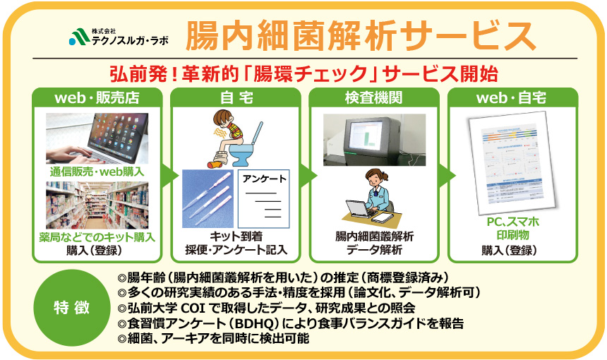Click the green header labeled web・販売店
pyautogui.click(x=97, y=97)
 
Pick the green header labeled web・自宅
pyautogui.click(x=512, y=97)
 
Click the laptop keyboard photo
pyautogui.click(x=97, y=138)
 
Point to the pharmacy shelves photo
pyautogui.click(x=97, y=205)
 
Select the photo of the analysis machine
pyautogui.click(x=374, y=137)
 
